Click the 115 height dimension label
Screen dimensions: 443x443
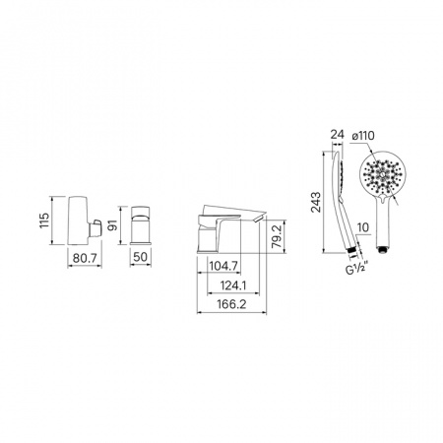(x=44, y=221)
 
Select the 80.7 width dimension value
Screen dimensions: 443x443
(x=85, y=258)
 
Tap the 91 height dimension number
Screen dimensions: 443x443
(x=112, y=225)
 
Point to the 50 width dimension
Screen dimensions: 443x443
(x=141, y=257)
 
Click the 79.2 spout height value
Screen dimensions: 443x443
(x=277, y=236)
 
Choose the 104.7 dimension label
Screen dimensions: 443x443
(x=223, y=266)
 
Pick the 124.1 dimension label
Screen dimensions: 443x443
(x=233, y=285)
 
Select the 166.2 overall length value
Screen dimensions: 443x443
(x=231, y=304)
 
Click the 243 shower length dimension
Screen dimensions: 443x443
(x=316, y=203)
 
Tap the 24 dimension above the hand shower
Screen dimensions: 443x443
(x=337, y=135)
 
